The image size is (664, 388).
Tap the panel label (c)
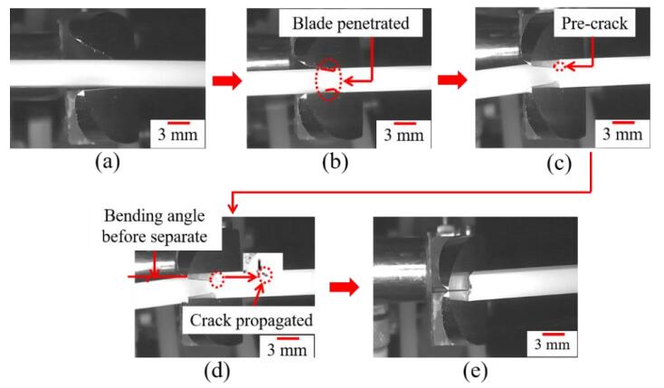[x=555, y=164]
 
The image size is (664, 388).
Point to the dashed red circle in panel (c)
[x=563, y=66]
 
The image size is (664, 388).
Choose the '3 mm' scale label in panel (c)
[x=625, y=135]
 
